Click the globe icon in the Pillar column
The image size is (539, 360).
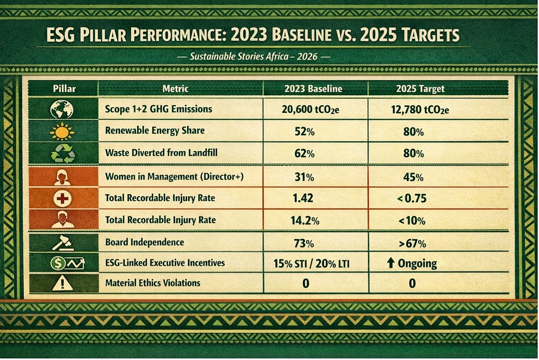62,109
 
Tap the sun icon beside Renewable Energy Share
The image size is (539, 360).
62,131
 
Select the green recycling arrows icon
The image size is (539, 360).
63,153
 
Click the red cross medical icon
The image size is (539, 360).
62,198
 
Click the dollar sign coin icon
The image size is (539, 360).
58,263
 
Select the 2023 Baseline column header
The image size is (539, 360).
313,89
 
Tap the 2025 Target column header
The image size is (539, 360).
420,89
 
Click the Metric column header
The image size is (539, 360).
175,89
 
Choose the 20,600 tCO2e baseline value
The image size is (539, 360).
310,110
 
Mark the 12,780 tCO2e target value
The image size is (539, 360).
420,110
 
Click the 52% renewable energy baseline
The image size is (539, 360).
304,132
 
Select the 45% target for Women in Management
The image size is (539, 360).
413,177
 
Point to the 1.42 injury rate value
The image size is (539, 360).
303,198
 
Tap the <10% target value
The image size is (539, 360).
412,221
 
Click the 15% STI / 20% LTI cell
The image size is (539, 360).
311,264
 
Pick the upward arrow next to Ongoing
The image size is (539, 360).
390,263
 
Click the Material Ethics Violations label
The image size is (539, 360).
152,283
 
